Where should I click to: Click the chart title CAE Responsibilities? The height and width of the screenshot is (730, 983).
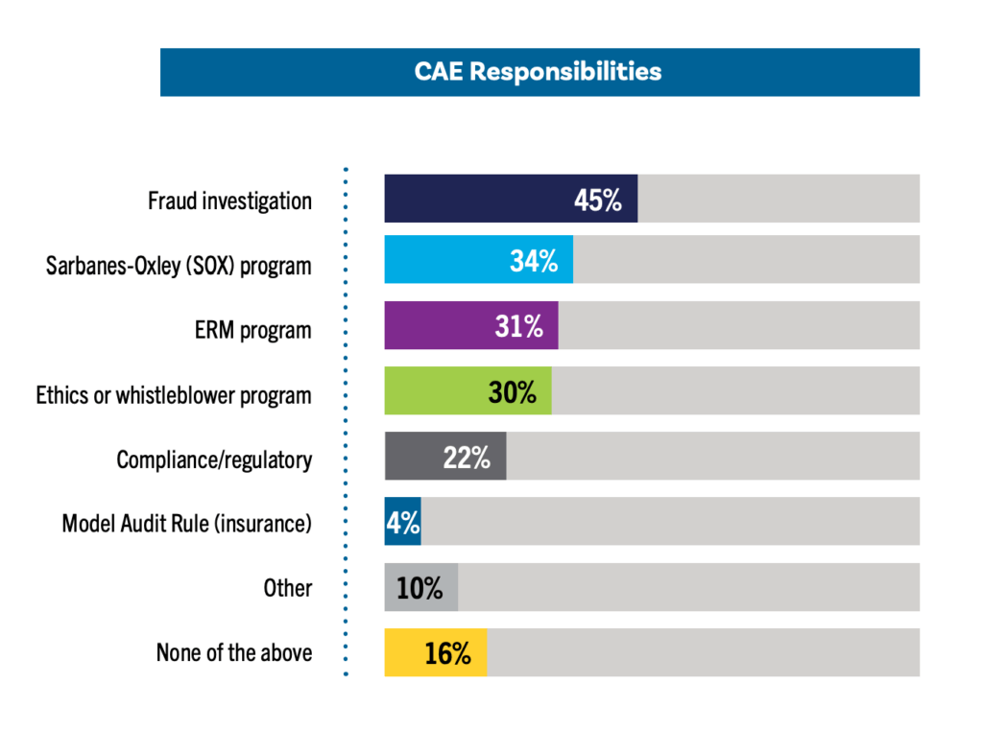[538, 72]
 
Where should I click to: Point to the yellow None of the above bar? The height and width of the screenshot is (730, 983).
[404, 652]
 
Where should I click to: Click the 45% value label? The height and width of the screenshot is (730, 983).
[598, 200]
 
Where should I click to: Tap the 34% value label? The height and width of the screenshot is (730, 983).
[534, 261]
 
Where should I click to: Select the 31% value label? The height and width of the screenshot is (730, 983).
[519, 326]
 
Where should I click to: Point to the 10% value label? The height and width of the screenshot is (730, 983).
[420, 587]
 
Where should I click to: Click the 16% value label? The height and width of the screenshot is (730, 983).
[447, 653]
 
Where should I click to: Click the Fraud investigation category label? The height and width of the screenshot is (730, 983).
[229, 200]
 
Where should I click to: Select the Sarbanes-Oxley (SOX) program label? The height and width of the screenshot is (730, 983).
[179, 265]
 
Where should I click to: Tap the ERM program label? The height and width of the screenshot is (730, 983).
[252, 330]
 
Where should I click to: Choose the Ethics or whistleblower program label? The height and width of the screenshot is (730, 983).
[174, 394]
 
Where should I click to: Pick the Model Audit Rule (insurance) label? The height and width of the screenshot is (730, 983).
[186, 523]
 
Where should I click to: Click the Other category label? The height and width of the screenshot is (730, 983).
[288, 587]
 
